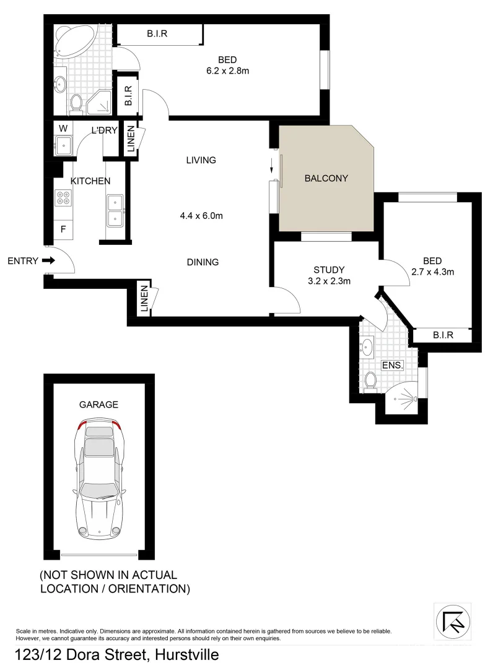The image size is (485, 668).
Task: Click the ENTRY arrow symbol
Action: pyautogui.click(x=48, y=261)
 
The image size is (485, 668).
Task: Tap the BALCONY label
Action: pyautogui.click(x=326, y=178)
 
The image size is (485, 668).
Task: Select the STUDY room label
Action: pyautogui.click(x=328, y=270)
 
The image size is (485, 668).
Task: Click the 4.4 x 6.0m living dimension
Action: pyautogui.click(x=201, y=216)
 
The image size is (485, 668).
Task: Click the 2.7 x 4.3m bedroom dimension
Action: pyautogui.click(x=433, y=271)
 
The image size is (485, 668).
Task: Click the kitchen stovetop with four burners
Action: pyautogui.click(x=63, y=198)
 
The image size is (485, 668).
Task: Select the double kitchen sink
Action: pyautogui.click(x=115, y=210)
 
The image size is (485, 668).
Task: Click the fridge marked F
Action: pyautogui.click(x=63, y=229)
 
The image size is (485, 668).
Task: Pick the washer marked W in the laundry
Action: pyautogui.click(x=63, y=129)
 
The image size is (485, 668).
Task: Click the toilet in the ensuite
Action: pyautogui.click(x=370, y=380)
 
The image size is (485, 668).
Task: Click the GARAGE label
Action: pyautogui.click(x=98, y=405)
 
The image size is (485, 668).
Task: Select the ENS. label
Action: pyautogui.click(x=393, y=366)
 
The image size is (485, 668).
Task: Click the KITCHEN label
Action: pyautogui.click(x=90, y=181)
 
